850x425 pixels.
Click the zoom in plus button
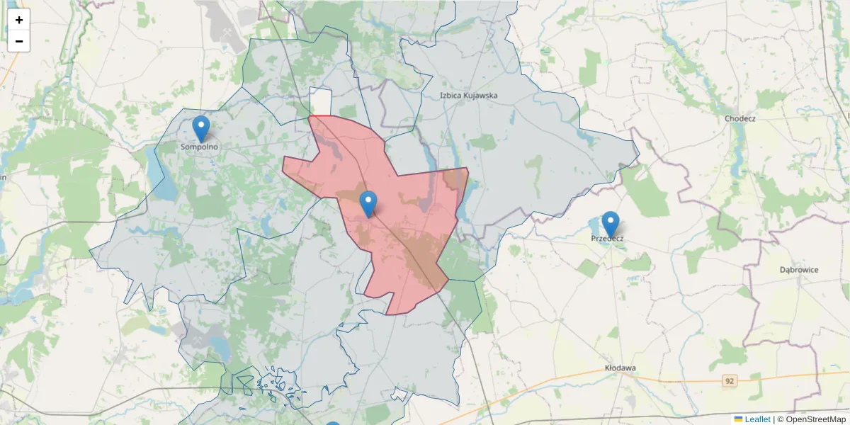tap(19, 20)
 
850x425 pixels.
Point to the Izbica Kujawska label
tap(468, 95)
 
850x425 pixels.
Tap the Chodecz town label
tap(739, 118)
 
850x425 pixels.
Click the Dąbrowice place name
tap(799, 270)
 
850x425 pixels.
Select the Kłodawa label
tap(620, 368)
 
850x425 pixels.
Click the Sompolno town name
tap(200, 147)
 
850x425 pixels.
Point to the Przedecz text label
tap(607, 239)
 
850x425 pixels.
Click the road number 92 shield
tap(730, 381)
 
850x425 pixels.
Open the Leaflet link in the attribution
tap(757, 419)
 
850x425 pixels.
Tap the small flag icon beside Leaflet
tap(738, 419)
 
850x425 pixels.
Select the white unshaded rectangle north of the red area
tap(321, 101)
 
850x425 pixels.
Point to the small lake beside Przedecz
tap(594, 226)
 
